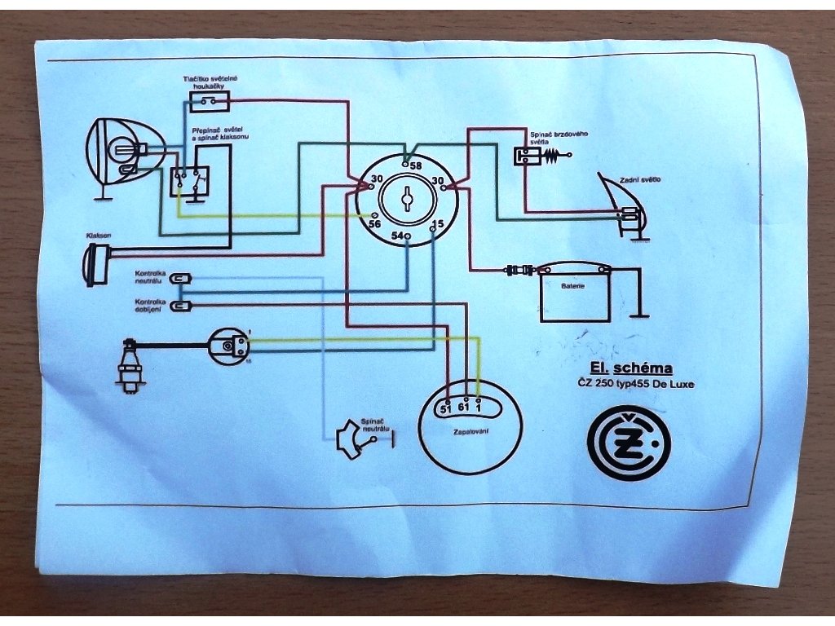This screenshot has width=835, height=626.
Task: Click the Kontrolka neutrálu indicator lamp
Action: click(179, 280)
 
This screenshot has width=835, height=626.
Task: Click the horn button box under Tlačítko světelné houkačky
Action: click(210, 102)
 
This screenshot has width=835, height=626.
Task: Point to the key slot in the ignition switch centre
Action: click(406, 198)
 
